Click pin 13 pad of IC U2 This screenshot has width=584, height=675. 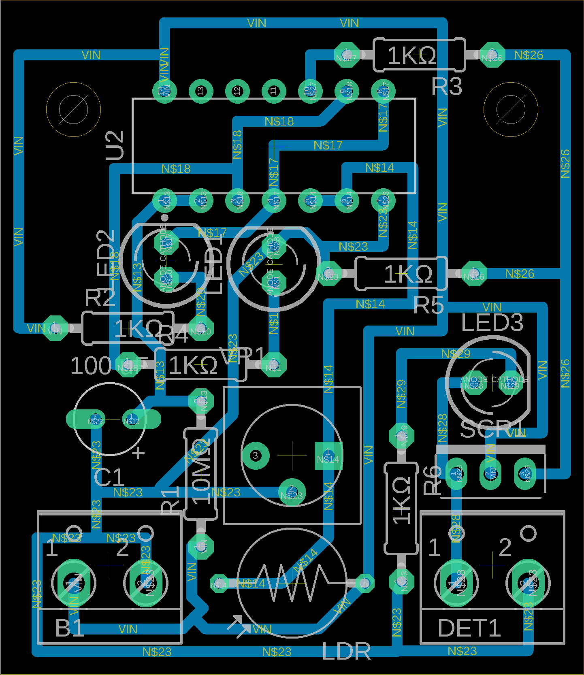(200, 91)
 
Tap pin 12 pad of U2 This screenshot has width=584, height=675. (237, 91)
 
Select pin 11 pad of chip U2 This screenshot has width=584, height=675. (273, 91)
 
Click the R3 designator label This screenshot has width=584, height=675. (447, 87)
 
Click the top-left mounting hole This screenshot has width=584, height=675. (73, 109)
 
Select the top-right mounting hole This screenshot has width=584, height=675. (511, 109)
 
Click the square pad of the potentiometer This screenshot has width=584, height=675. (328, 456)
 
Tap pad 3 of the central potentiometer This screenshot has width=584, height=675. (255, 456)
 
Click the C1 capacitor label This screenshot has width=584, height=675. (109, 478)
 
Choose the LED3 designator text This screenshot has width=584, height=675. (492, 323)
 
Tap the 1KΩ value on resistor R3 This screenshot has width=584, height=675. (411, 56)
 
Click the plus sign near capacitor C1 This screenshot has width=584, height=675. (139, 453)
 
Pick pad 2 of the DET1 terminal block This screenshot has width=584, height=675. (528, 583)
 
